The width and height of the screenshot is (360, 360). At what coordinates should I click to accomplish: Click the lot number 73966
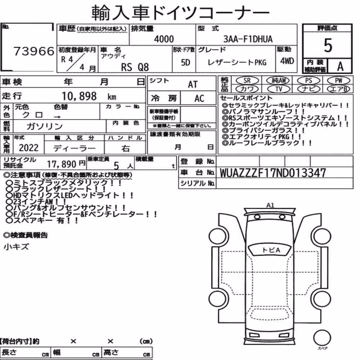point(34,51)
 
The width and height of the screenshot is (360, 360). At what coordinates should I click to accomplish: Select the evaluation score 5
point(328,45)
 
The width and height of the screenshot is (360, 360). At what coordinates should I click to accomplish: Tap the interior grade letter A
point(340,66)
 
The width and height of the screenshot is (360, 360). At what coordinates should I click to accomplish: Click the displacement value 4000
point(164,39)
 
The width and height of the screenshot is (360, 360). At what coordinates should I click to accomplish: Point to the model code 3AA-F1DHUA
point(248,39)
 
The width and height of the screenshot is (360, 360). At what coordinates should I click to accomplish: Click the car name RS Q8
point(135,67)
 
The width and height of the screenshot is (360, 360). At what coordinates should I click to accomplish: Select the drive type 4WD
point(287,61)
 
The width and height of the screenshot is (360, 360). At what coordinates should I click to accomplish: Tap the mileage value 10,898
point(79,96)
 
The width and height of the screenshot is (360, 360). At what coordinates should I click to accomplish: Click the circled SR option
point(247,80)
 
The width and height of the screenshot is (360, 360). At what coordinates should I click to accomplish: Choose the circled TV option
point(279,89)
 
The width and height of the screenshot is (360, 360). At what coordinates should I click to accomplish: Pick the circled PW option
point(339,80)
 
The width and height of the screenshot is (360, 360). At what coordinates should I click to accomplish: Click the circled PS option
point(309,80)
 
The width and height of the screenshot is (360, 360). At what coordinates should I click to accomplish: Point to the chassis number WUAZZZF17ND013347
point(273,173)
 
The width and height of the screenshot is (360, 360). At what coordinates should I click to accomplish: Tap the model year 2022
point(29,148)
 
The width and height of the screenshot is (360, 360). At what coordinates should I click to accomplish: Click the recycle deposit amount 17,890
point(62,164)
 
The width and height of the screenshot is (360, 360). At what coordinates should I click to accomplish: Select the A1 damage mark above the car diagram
point(270,205)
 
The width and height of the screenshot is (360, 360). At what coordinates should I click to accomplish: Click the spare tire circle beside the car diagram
point(322,338)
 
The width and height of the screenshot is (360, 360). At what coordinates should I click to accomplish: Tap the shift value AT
point(193,84)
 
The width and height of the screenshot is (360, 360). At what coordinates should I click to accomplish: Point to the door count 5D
point(185,62)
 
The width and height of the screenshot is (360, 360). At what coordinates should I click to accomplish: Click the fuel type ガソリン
point(45,126)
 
